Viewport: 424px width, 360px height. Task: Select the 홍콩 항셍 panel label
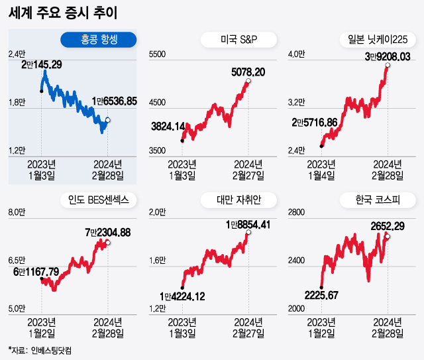[98, 40]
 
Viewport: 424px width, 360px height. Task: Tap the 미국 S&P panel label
[238, 40]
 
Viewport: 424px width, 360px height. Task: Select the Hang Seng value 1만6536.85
[114, 101]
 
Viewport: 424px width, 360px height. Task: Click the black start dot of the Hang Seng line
[42, 90]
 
